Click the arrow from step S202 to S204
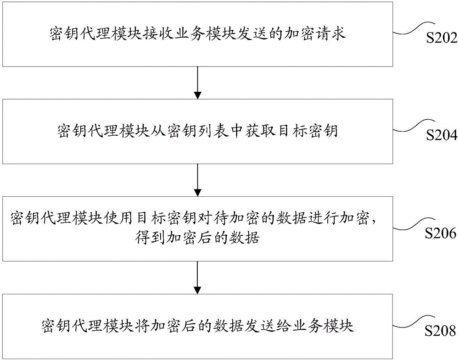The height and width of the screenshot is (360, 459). (197, 82)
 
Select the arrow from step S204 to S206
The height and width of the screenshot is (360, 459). (197, 179)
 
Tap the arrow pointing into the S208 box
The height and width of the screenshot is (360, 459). (197, 277)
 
